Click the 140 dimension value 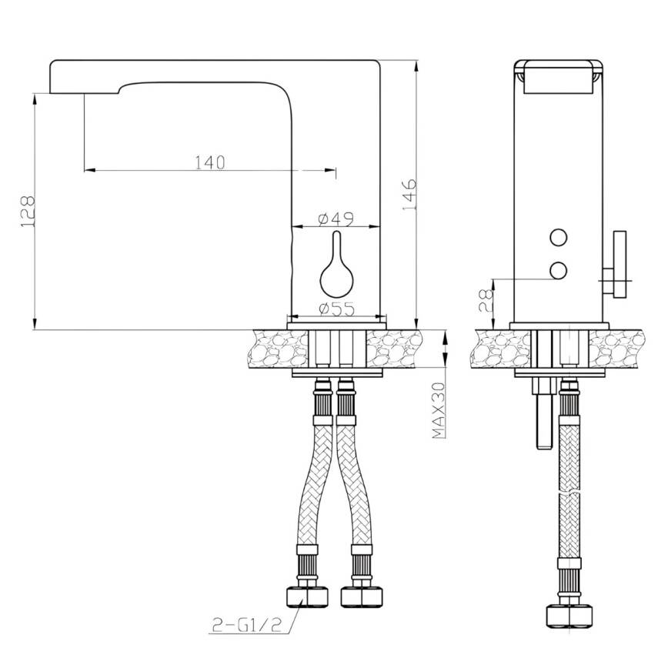(x=210, y=162)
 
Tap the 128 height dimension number (x=28, y=212)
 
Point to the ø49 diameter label (x=336, y=219)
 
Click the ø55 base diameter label (x=336, y=309)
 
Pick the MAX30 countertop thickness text (x=439, y=410)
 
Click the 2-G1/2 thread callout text (x=246, y=626)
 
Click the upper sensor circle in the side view (x=559, y=238)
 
